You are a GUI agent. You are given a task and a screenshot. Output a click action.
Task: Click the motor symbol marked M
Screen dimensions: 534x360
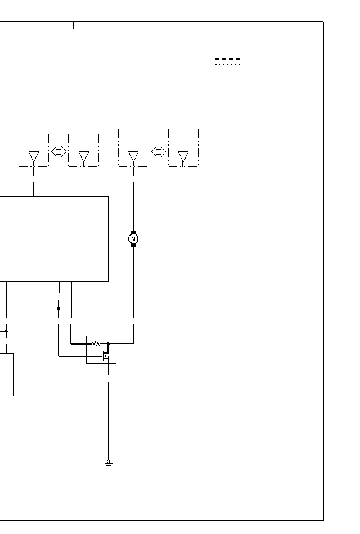[x=133, y=239]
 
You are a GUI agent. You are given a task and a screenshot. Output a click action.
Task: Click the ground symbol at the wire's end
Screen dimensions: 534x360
[x=109, y=464]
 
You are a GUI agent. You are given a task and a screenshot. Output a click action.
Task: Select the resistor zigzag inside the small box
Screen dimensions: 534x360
[x=96, y=343]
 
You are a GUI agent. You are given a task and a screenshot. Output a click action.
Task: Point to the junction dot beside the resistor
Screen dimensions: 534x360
[x=108, y=343]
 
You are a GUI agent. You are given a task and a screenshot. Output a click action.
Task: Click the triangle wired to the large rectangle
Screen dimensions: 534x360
[x=34, y=157]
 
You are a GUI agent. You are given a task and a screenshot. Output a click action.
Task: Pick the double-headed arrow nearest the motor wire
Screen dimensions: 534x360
[x=159, y=151]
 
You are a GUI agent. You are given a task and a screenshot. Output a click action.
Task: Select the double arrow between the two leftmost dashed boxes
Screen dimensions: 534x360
[x=58, y=151]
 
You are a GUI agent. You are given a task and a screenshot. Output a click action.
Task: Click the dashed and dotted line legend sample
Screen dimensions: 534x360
[x=228, y=61]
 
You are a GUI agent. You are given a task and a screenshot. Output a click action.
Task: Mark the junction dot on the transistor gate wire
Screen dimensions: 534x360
[x=58, y=309]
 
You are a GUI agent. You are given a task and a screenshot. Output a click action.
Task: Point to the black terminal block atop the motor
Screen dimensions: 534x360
[x=133, y=232]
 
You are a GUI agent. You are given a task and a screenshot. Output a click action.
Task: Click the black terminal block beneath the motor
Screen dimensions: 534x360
[x=133, y=246]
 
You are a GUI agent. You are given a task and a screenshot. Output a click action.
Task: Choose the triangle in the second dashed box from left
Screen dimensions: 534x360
[x=84, y=157]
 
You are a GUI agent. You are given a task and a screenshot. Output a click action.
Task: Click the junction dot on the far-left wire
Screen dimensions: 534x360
[x=6, y=331]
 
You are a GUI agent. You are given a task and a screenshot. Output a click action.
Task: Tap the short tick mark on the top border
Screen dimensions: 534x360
[x=74, y=25]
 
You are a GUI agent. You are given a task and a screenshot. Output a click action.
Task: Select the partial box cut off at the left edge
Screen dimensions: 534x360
[x=7, y=374]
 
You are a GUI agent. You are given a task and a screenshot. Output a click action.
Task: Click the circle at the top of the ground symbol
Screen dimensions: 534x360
[x=109, y=461]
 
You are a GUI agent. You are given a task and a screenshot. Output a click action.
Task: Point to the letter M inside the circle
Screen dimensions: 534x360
[x=133, y=239]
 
